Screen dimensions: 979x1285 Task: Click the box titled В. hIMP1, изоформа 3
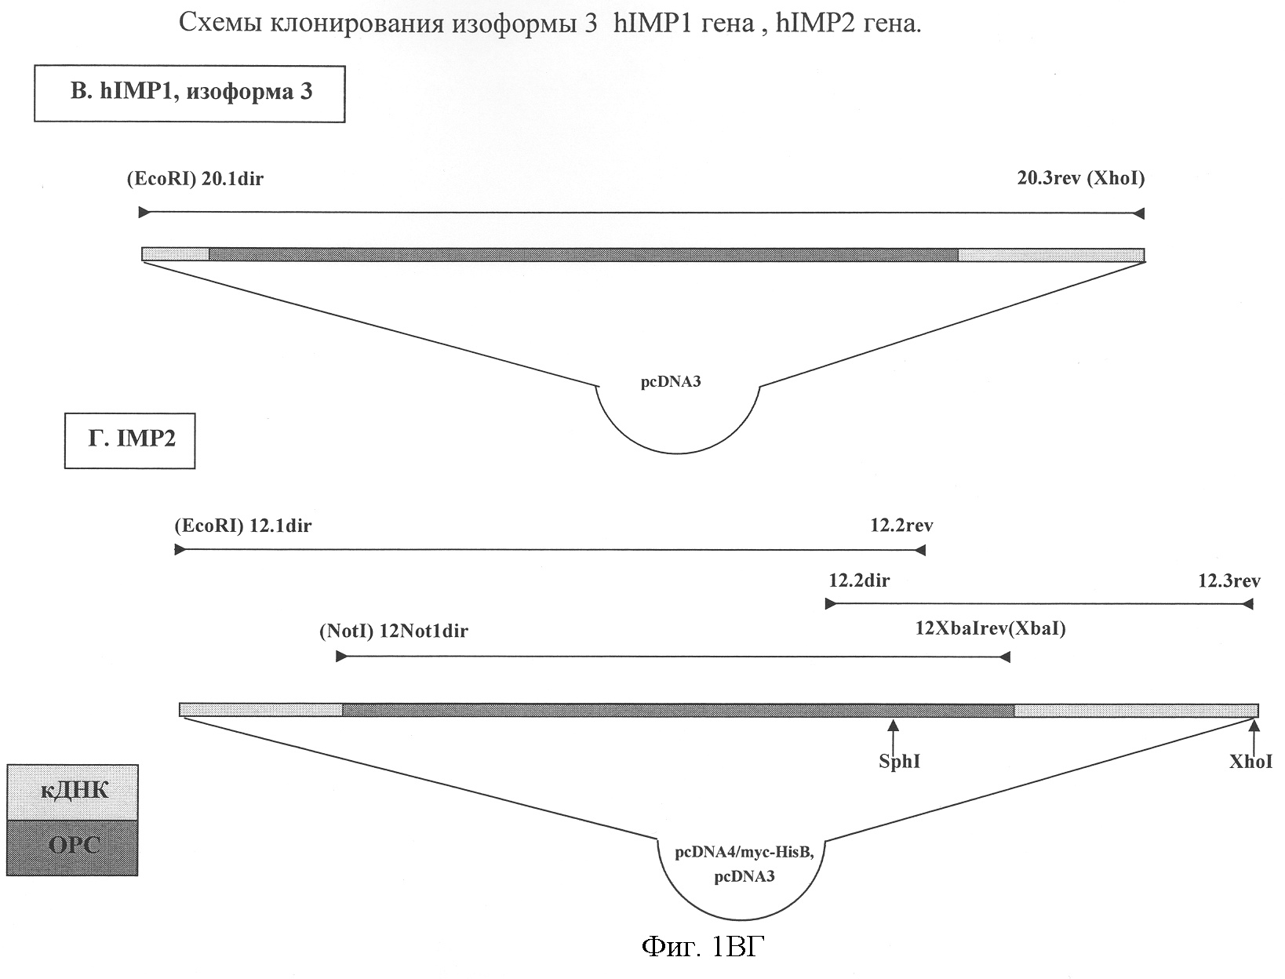click(x=190, y=93)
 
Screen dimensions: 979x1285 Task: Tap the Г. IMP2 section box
click(x=130, y=440)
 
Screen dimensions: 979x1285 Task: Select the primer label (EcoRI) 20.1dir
click(x=195, y=179)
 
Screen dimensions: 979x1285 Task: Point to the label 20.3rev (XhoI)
click(x=1080, y=179)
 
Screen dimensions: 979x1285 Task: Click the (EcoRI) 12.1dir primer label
click(x=242, y=526)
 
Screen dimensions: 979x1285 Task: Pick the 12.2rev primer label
click(x=901, y=526)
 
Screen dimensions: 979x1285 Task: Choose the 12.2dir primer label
click(x=859, y=581)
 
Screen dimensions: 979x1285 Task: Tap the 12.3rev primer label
click(x=1229, y=581)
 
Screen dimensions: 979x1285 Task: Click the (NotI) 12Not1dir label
click(x=393, y=631)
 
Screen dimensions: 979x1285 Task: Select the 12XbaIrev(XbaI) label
click(x=991, y=629)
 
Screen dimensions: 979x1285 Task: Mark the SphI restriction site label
click(x=899, y=762)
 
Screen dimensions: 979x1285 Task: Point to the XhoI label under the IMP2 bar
click(x=1250, y=762)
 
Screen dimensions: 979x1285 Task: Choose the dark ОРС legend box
click(x=73, y=847)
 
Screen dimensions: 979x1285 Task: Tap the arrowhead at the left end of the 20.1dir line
click(x=144, y=213)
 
